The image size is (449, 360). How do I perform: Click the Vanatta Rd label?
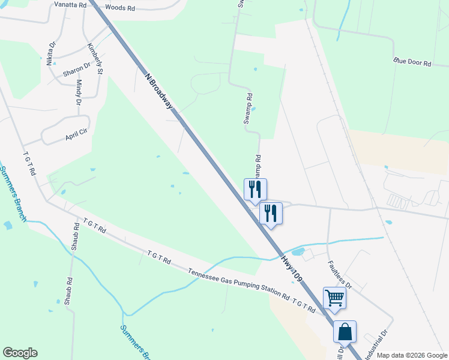[x=70, y=5]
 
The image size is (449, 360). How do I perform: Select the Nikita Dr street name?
[x=51, y=53]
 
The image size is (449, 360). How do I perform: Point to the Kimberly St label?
[x=95, y=59]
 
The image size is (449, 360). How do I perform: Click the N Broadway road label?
[x=159, y=91]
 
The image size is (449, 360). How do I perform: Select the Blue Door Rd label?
[x=412, y=62]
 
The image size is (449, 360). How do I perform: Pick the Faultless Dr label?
[x=339, y=274]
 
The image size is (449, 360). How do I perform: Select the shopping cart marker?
[x=334, y=298]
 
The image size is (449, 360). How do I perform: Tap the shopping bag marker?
[x=345, y=332]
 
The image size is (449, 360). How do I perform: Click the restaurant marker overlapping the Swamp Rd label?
[x=255, y=190]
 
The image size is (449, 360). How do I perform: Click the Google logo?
[x=20, y=353]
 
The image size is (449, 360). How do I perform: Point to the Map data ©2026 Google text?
[x=411, y=355]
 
